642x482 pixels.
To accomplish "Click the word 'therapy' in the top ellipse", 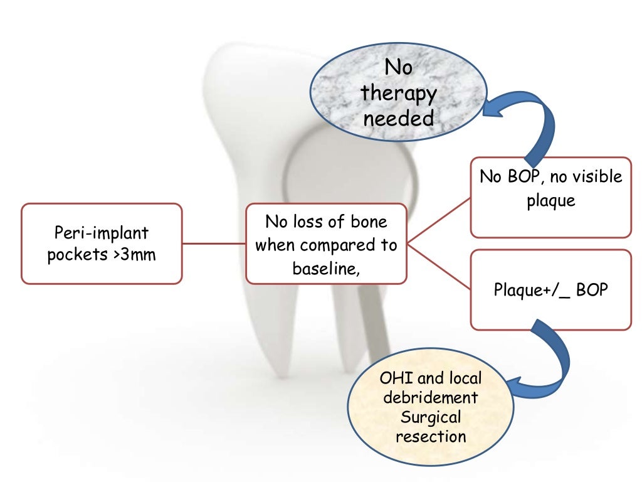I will [399, 94].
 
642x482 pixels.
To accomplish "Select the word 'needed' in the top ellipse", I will [399, 118].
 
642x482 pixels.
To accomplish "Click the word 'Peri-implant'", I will [101, 233].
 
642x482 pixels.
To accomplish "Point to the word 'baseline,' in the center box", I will [326, 268].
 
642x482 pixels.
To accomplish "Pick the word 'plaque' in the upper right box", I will [550, 201].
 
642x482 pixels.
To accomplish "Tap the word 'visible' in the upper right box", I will [592, 177].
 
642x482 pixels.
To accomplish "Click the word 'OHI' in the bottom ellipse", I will [395, 378].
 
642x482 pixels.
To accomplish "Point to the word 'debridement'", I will [430, 398].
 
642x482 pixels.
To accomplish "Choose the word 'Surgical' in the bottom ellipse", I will [430, 417].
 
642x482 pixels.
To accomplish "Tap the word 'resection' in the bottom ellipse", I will [430, 436].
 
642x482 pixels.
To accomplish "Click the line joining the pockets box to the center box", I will [213, 244].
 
